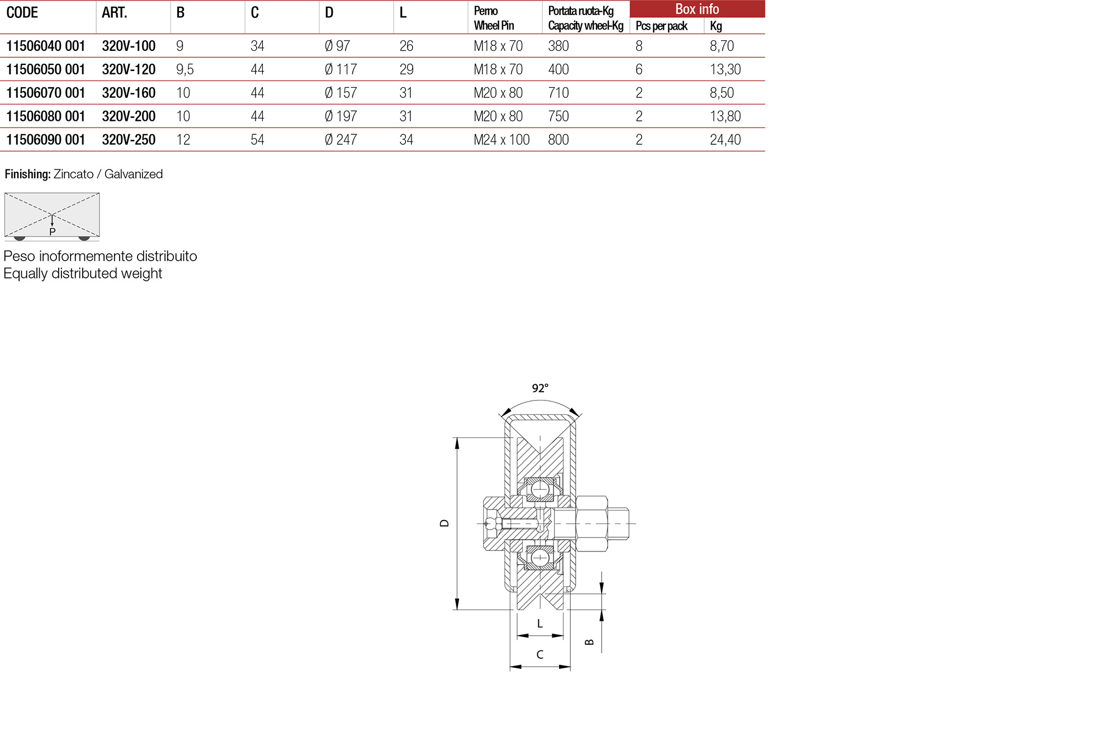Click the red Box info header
coord(697,9)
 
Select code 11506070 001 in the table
coord(45,93)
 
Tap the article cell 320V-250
coord(129,140)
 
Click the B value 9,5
coord(185,69)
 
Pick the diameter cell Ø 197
coord(341,116)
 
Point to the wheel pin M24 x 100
coord(502,140)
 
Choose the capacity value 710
coord(558,93)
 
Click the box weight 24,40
coord(725,140)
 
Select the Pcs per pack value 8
coord(639,46)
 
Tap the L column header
coord(403,13)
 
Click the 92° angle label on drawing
coord(540,388)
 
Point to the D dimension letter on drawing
coord(444,523)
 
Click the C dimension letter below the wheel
coord(540,654)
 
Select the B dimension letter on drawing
coord(589,642)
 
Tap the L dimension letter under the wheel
coord(540,624)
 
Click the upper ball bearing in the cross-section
coord(540,489)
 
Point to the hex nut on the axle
coord(592,523)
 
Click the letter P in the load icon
coord(53,232)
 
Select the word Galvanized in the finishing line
coord(134,174)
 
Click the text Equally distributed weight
coord(83,273)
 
